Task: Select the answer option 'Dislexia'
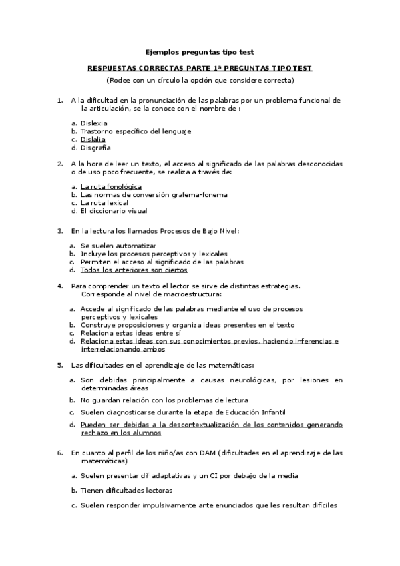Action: pos(94,123)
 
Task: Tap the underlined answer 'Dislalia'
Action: pos(93,139)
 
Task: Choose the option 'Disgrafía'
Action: pos(95,148)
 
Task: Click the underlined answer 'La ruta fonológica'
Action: pos(111,186)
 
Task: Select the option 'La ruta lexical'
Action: pos(104,202)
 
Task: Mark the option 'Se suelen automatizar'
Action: pos(114,246)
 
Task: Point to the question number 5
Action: pos(60,365)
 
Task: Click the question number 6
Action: pos(60,453)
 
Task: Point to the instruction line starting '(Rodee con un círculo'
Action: pos(200,80)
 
